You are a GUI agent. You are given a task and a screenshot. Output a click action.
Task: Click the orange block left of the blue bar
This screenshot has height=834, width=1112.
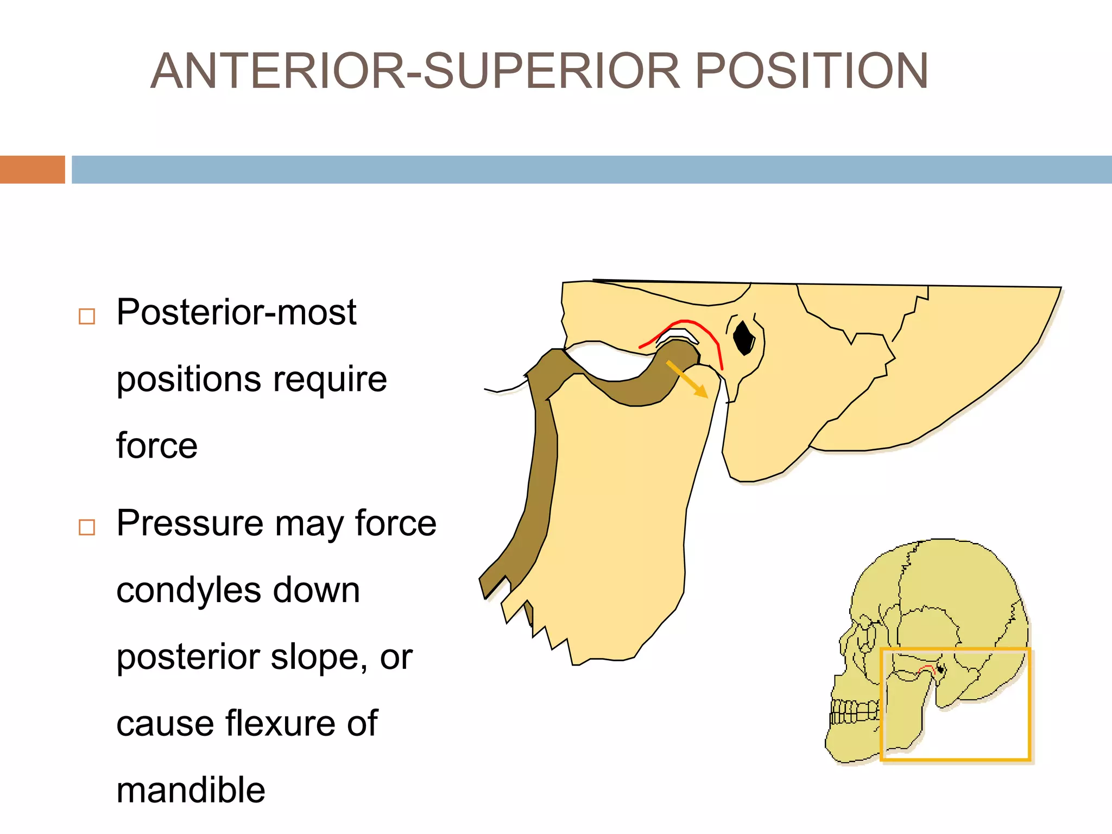(32, 169)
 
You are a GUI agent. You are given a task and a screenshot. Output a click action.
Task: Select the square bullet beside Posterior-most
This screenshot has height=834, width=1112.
(87, 316)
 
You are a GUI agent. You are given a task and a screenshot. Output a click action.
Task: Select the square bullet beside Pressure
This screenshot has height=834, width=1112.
(87, 527)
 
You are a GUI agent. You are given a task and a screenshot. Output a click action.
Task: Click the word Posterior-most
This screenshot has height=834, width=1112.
(236, 313)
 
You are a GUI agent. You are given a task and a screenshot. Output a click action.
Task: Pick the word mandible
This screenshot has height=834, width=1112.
(191, 791)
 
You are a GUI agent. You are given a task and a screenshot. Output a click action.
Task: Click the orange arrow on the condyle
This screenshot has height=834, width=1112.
(687, 379)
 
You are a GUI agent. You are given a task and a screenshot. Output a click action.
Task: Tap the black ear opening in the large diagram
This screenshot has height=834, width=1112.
(743, 337)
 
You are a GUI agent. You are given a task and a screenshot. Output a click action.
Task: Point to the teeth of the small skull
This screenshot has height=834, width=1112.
(854, 712)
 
